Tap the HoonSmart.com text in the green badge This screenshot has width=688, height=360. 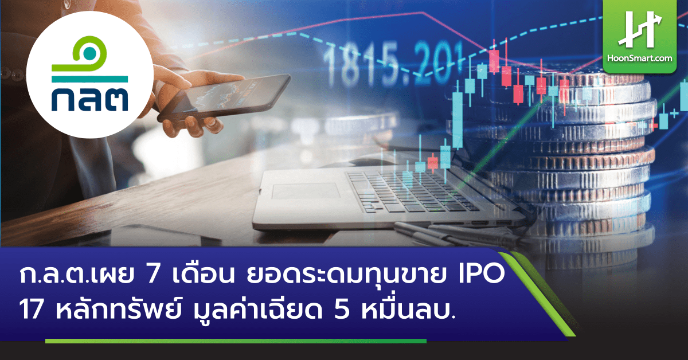click(644, 58)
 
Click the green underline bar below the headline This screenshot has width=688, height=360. click(235, 341)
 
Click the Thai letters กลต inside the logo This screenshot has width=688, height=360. click(89, 100)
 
